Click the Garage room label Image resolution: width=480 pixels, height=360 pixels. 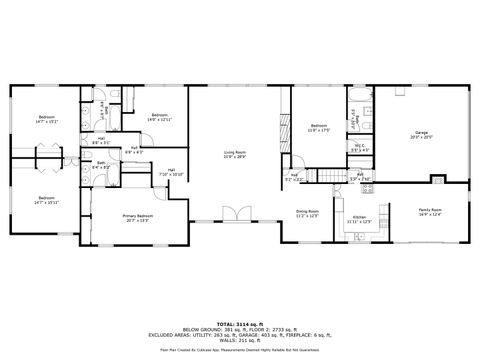coord(421,135)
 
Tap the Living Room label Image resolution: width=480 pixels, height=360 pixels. coord(235,155)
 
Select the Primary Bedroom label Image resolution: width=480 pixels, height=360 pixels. coord(138,219)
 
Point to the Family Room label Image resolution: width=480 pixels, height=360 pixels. coord(431,212)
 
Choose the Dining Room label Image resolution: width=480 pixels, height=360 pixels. coord(307,214)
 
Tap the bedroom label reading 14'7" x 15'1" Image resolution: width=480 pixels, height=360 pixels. coord(46,121)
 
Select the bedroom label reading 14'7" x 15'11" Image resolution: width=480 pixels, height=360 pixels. coord(46,200)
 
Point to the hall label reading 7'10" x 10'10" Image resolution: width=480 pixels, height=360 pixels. coord(171,172)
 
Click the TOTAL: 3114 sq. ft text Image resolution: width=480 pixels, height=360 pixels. coord(239,323)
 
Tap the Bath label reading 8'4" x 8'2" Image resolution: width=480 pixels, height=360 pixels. coord(102,165)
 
